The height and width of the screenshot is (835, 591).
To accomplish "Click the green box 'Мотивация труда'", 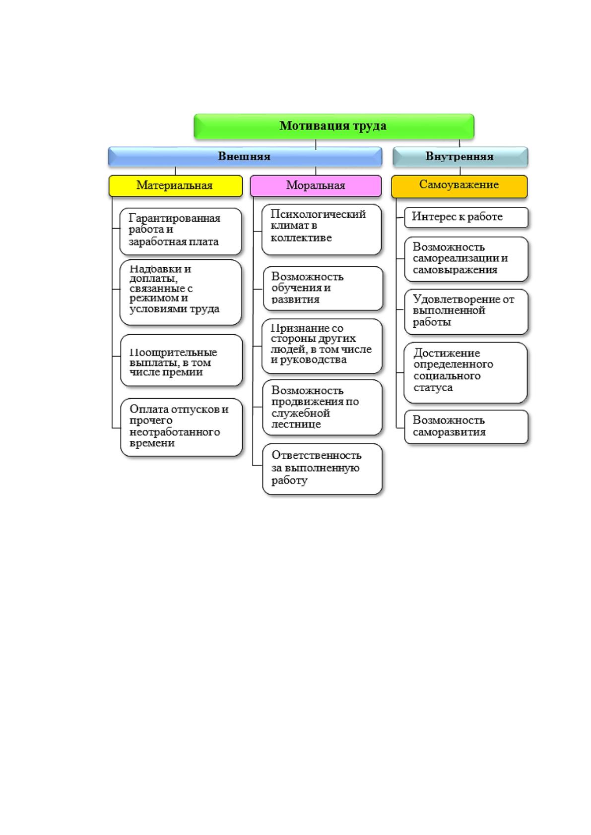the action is tap(334, 126).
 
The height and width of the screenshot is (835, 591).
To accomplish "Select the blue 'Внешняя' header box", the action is tap(245, 156).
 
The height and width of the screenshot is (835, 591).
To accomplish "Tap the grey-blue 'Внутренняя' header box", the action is tap(460, 156).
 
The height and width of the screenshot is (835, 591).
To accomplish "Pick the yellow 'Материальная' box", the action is tap(175, 185).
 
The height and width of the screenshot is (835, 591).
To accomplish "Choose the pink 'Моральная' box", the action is tap(316, 185).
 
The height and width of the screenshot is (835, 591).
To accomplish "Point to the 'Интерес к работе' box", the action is tap(466, 217).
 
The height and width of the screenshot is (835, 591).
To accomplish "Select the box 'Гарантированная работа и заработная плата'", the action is tap(181, 231).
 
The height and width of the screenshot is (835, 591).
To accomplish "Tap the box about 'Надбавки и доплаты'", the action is tap(181, 292).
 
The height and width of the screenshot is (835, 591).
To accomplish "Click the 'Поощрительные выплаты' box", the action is tap(181, 360).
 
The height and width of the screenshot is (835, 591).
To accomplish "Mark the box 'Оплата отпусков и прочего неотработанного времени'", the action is tap(181, 427).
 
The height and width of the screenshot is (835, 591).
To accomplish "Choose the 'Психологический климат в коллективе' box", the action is tap(322, 230).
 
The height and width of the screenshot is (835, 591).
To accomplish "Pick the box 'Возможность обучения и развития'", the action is tap(323, 289).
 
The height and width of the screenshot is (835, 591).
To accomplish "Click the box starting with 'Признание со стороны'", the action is tap(322, 346).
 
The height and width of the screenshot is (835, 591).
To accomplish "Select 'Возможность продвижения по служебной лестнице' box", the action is tap(323, 408).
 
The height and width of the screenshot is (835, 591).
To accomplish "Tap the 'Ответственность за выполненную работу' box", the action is tap(323, 469).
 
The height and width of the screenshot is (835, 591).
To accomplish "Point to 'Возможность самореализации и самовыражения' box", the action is tap(466, 259).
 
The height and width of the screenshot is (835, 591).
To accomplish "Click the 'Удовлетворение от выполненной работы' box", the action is tap(466, 311).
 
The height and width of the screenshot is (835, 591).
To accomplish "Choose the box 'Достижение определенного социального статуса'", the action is tap(465, 373).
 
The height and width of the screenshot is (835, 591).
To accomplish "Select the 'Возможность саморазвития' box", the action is tap(466, 427).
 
